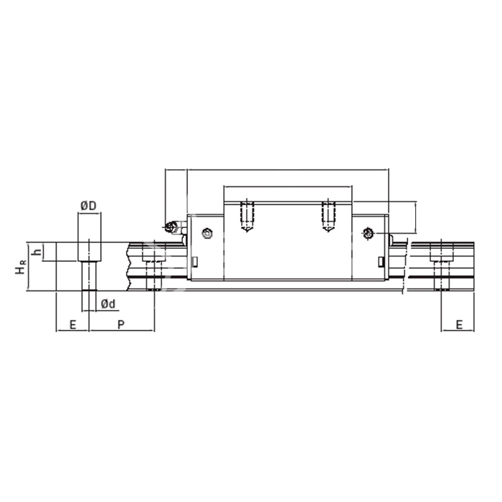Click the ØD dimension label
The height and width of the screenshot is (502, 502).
[x=88, y=206]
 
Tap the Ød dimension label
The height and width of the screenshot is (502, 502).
[x=108, y=304]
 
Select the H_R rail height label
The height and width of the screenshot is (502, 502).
[x=20, y=267]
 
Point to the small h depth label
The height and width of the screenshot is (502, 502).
[x=38, y=252]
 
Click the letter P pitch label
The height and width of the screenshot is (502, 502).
[x=120, y=325]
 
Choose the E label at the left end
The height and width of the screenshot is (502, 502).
[x=72, y=325]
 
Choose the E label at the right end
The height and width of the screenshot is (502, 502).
[x=459, y=325]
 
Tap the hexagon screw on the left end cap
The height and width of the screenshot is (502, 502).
[x=207, y=233]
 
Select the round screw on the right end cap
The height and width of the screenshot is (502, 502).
[x=367, y=233]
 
